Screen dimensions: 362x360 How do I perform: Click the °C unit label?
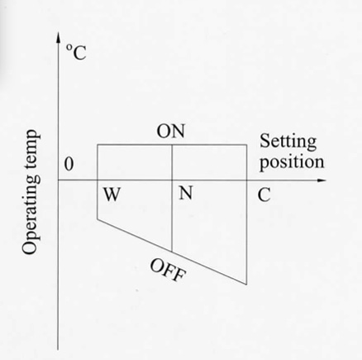click(x=76, y=52)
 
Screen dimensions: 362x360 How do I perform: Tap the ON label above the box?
click(x=171, y=132)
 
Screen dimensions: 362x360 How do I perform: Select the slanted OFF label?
click(x=168, y=270)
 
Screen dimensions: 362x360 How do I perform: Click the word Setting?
click(x=288, y=142)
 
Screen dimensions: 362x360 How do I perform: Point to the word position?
click(x=292, y=161)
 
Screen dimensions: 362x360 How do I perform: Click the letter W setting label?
click(x=112, y=194)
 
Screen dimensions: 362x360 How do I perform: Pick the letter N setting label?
click(x=185, y=193)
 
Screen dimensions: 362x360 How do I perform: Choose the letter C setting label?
click(x=264, y=195)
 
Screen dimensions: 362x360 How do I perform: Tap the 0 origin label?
click(x=69, y=165)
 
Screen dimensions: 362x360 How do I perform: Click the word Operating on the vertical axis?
click(x=31, y=208)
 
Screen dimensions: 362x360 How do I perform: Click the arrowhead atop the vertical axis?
click(x=58, y=37)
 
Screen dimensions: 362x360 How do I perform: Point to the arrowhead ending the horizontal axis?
click(x=322, y=180)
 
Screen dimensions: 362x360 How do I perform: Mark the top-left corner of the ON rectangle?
click(x=98, y=145)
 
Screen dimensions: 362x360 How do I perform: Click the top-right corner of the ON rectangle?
click(x=246, y=145)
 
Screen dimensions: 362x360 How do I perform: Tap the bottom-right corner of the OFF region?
click(x=246, y=284)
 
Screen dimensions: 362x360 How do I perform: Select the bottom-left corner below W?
click(x=98, y=219)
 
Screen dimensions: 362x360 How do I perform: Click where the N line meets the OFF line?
click(x=172, y=252)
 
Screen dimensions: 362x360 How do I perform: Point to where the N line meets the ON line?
click(x=172, y=145)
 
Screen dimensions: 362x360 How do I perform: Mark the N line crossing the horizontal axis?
click(x=172, y=180)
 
